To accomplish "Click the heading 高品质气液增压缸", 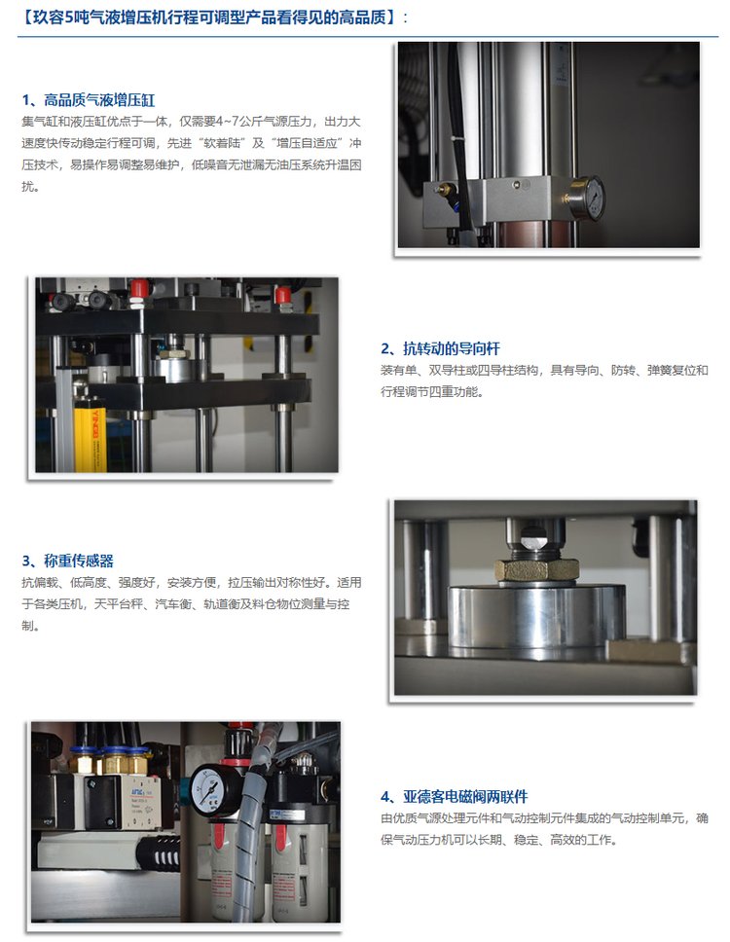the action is pos(89,99).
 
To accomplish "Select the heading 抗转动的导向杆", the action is pos(440,348).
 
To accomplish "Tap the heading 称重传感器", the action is pos(67,562).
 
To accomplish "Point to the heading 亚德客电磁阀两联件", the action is pos(455,797).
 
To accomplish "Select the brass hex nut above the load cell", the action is pos(536,569).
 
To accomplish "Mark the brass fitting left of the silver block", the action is pos(444,191).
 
